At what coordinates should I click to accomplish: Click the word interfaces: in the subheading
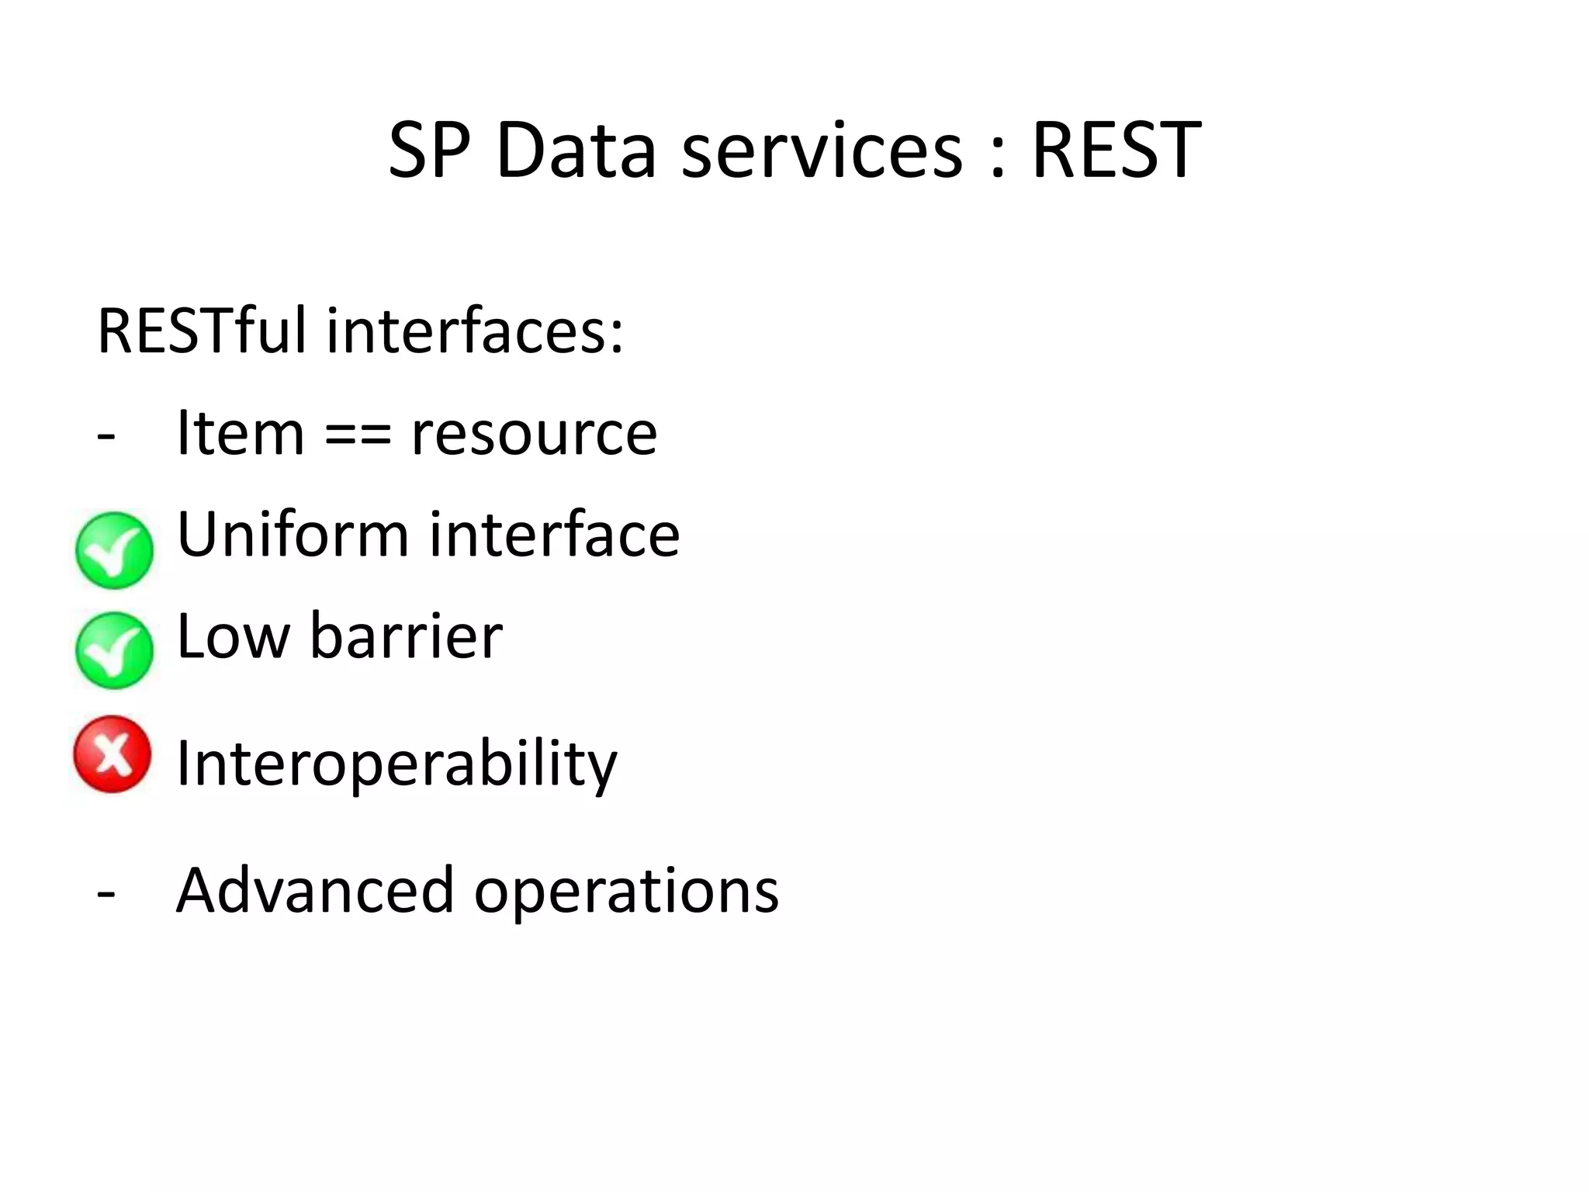coord(475,331)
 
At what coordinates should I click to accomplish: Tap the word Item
coord(240,433)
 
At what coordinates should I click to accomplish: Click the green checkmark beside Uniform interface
coord(114,550)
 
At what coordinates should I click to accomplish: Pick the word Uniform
coord(293,535)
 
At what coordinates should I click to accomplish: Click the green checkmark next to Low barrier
coord(114,650)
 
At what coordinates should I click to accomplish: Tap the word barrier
coord(406,636)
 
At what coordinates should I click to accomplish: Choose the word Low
coord(233,636)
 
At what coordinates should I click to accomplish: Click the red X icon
coord(113,754)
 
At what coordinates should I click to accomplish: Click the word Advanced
coord(314,890)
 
